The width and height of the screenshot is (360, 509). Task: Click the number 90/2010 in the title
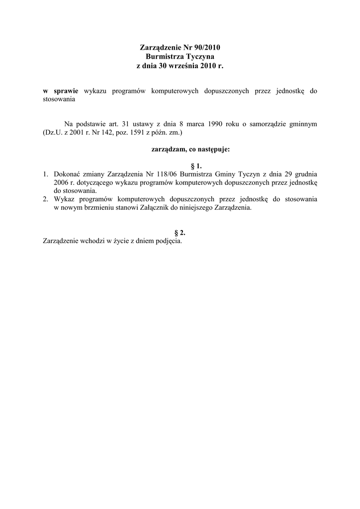tap(204, 48)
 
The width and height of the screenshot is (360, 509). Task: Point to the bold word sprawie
tap(63, 91)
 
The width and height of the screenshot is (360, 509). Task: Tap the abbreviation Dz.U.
tap(52, 133)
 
